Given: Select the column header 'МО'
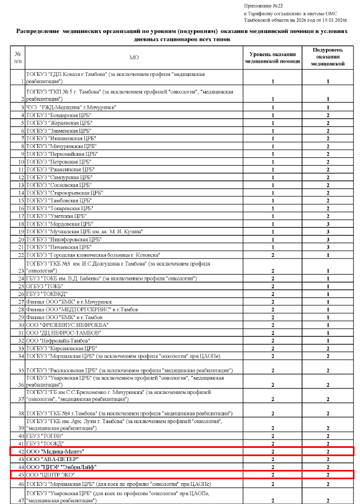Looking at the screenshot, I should [x=134, y=57].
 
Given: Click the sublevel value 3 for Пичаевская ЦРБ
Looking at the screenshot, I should [x=328, y=248].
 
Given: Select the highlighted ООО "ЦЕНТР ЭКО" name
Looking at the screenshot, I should [x=50, y=474].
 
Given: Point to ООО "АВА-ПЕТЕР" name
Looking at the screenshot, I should [x=52, y=459].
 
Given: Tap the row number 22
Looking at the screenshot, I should [x=21, y=255].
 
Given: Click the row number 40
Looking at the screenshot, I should [x=21, y=436].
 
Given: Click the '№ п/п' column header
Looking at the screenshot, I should [x=18, y=57].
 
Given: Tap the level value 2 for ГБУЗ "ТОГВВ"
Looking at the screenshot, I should [x=272, y=436].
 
